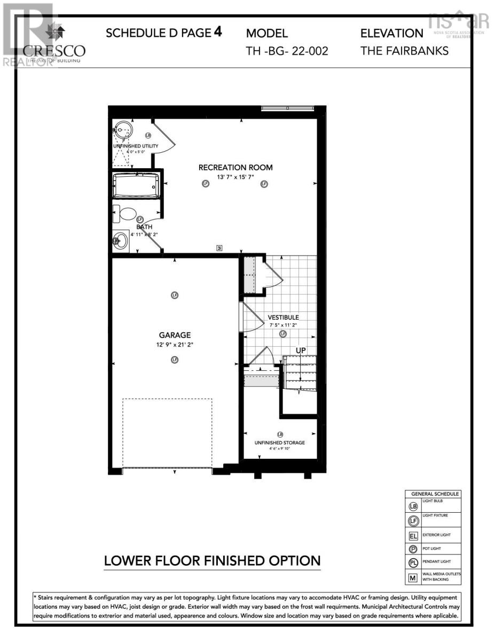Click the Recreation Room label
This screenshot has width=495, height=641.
pyautogui.click(x=235, y=168)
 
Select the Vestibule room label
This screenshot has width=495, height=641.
pyautogui.click(x=283, y=317)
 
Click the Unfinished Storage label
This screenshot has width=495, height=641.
pyautogui.click(x=279, y=442)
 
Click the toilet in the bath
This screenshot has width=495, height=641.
pyautogui.click(x=128, y=214)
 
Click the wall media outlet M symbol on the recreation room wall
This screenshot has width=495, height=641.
pyautogui.click(x=219, y=247)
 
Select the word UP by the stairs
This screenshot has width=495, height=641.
pyautogui.click(x=301, y=350)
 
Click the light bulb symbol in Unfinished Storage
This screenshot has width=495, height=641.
pyautogui.click(x=280, y=434)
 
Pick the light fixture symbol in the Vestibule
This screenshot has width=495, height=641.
pyautogui.click(x=283, y=334)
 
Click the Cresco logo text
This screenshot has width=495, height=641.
pyautogui.click(x=54, y=51)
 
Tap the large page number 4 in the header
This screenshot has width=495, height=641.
pyautogui.click(x=217, y=32)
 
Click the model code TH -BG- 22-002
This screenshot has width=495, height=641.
pyautogui.click(x=287, y=51)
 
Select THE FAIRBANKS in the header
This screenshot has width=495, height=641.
pyautogui.click(x=404, y=51)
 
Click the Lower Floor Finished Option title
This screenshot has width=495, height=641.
pyautogui.click(x=212, y=561)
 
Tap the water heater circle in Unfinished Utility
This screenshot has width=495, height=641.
pyautogui.click(x=123, y=130)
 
